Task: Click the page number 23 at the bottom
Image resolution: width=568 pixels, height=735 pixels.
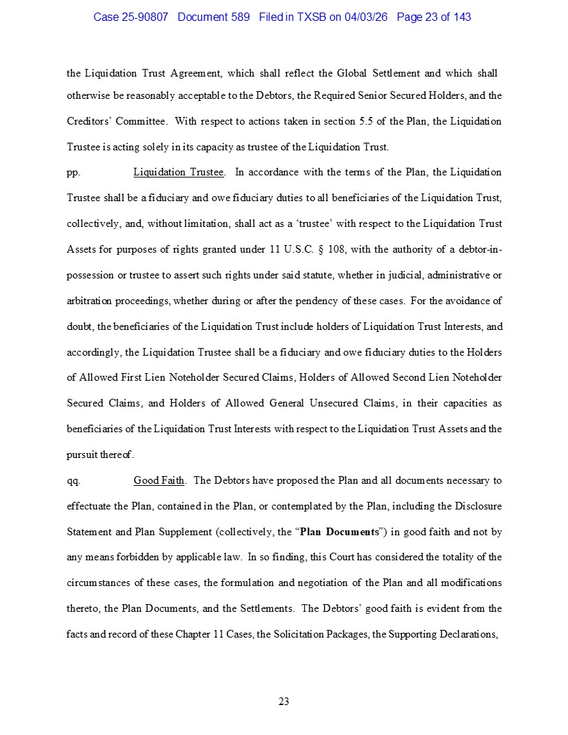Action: [284, 702]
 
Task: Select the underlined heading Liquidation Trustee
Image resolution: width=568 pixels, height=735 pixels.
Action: [178, 172]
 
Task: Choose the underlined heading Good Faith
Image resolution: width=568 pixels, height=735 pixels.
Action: [159, 480]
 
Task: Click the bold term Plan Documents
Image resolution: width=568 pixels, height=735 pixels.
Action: [340, 532]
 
